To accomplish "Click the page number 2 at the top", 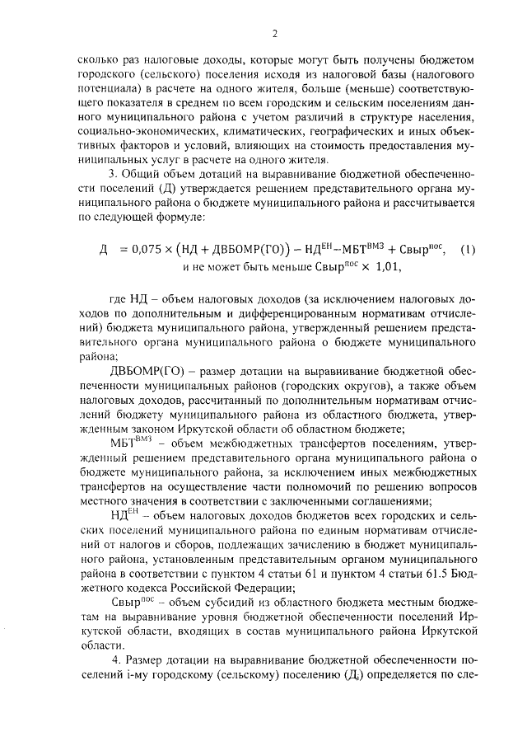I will tap(274, 33).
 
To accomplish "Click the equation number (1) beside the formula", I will tap(467, 250).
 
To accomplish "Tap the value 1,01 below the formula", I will tap(385, 267).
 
